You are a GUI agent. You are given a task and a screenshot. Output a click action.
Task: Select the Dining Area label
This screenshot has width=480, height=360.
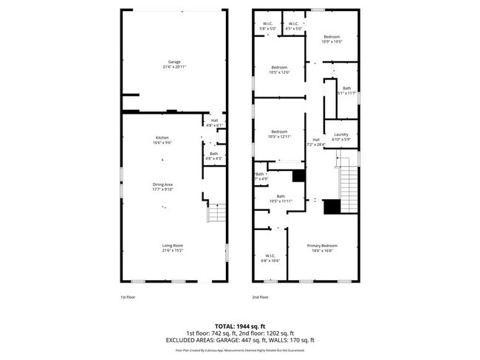[162, 186]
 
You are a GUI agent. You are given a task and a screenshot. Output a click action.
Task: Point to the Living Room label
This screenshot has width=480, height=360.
[173, 247]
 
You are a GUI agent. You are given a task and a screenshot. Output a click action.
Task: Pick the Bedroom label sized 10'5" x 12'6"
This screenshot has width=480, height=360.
[279, 69]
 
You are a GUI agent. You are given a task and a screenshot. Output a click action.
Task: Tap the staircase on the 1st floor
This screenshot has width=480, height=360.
[215, 214]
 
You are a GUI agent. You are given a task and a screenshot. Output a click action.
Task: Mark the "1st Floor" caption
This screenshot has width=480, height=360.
[128, 297]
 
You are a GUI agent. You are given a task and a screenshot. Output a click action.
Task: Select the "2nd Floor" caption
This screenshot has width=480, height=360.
[260, 297]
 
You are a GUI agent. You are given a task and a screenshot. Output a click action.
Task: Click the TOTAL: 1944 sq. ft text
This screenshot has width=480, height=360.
[239, 325]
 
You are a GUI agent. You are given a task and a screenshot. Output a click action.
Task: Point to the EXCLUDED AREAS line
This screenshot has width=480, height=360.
[239, 340]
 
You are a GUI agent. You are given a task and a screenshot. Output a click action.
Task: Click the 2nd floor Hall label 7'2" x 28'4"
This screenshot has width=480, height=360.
[316, 142]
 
